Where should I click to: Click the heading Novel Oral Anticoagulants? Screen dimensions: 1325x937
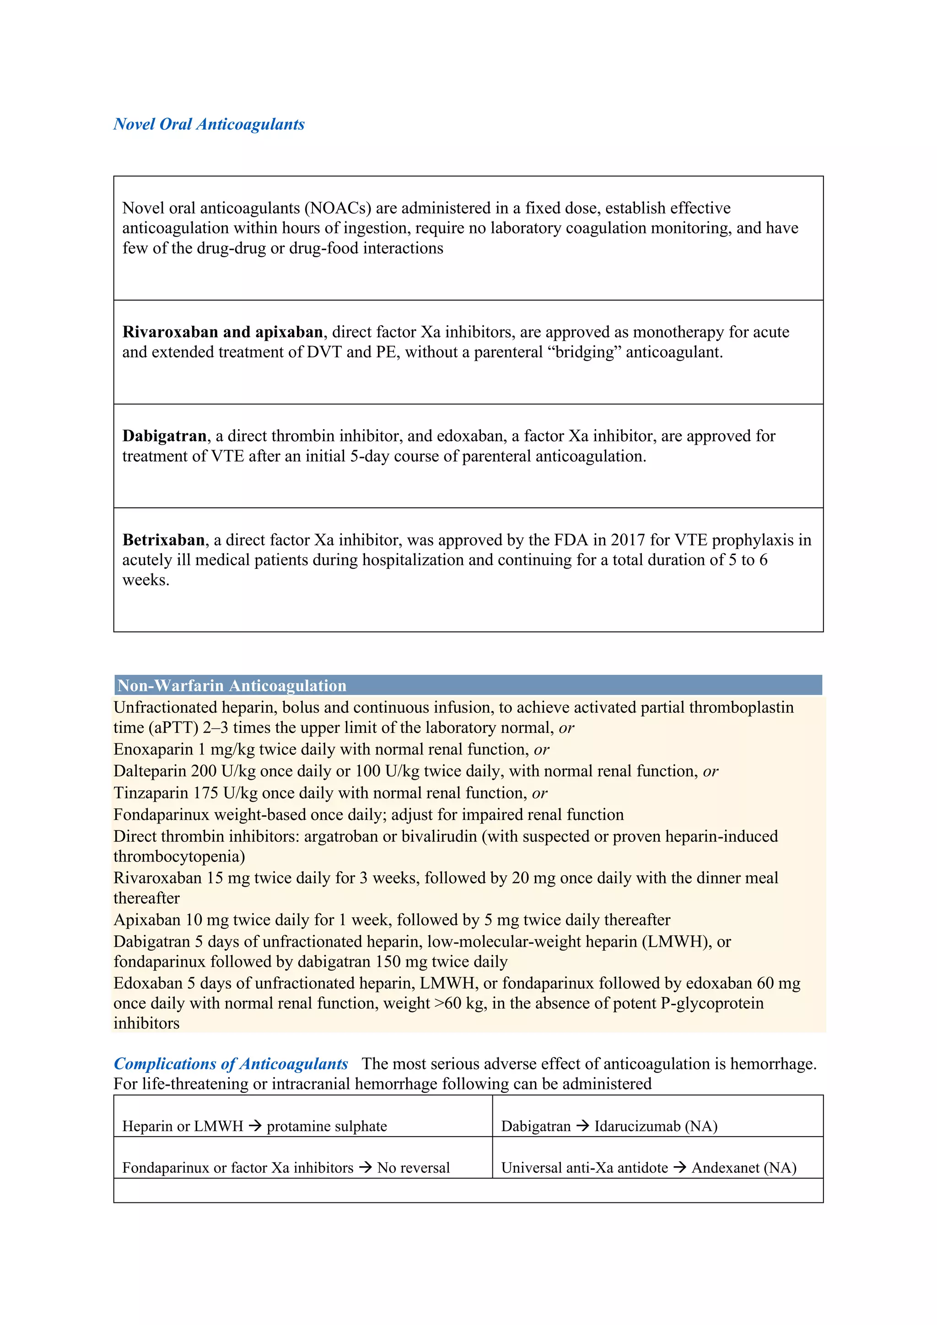click(x=209, y=124)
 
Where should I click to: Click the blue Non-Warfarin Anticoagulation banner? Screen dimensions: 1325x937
click(x=467, y=685)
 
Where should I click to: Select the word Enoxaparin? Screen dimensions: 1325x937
click(x=153, y=749)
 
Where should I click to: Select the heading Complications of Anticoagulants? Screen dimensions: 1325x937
click(x=231, y=1064)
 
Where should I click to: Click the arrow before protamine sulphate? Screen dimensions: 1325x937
click(x=255, y=1126)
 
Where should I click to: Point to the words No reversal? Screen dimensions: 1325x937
click(x=413, y=1168)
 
